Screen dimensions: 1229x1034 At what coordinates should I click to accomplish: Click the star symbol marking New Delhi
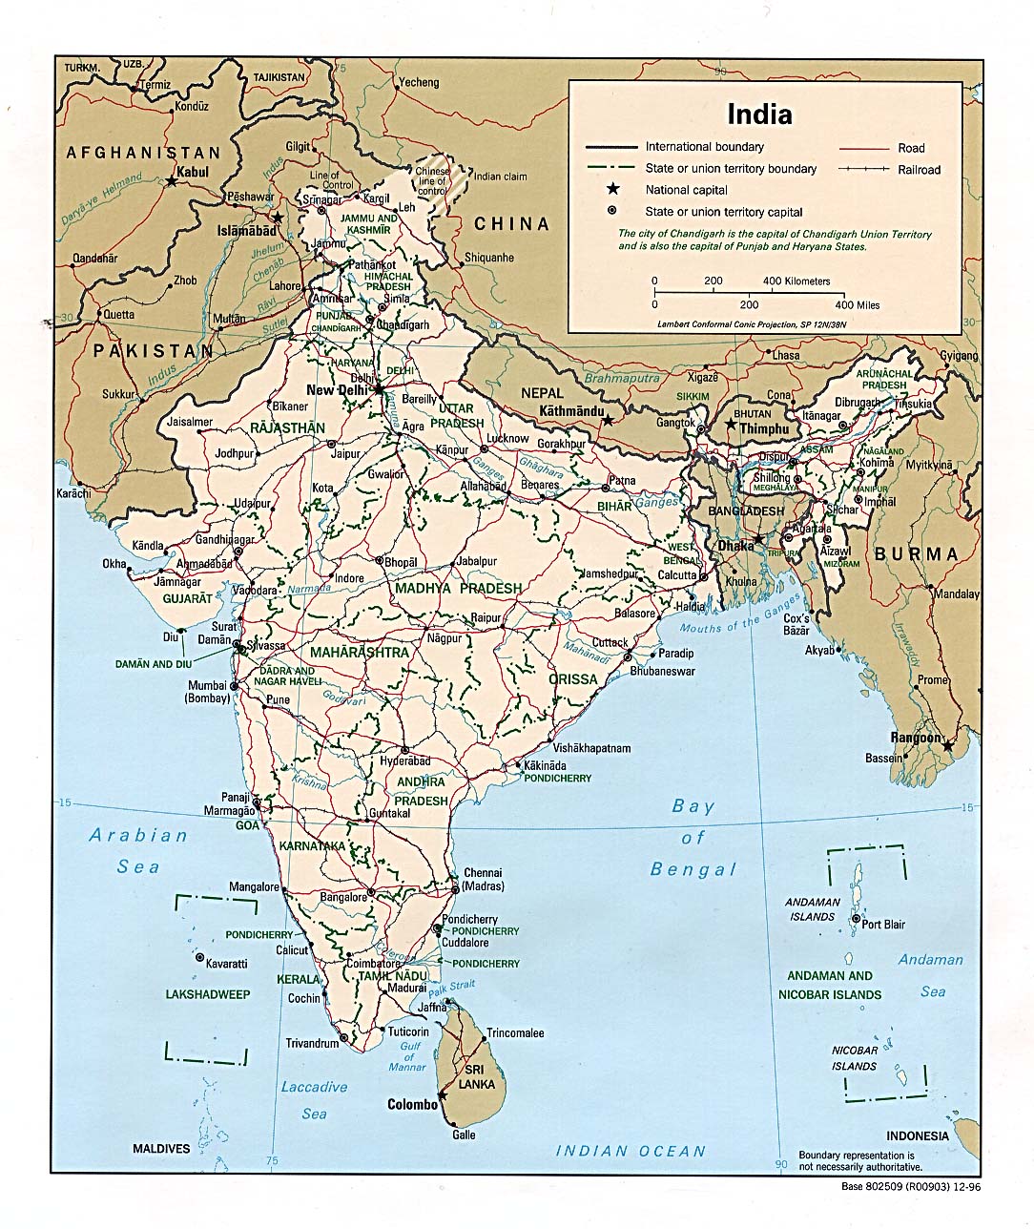pos(379,389)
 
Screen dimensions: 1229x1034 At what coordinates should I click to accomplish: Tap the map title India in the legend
pos(759,115)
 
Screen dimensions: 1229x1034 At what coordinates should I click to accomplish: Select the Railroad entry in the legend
pos(919,170)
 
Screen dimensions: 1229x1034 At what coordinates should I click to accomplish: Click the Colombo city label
pos(411,1104)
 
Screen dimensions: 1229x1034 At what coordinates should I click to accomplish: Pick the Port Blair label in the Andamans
pos(883,924)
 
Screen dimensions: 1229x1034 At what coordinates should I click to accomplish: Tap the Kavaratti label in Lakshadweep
pos(227,964)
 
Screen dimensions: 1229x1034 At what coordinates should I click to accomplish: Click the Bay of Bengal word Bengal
pos(693,869)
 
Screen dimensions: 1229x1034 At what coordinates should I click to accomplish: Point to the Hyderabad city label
pos(405,761)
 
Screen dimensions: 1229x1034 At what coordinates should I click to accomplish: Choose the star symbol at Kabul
pos(172,180)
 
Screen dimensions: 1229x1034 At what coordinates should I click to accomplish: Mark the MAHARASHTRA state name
pos(359,653)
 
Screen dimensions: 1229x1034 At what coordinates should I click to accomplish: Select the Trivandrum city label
pos(312,1043)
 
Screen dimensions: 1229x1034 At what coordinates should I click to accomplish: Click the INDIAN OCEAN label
pos(631,1151)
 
